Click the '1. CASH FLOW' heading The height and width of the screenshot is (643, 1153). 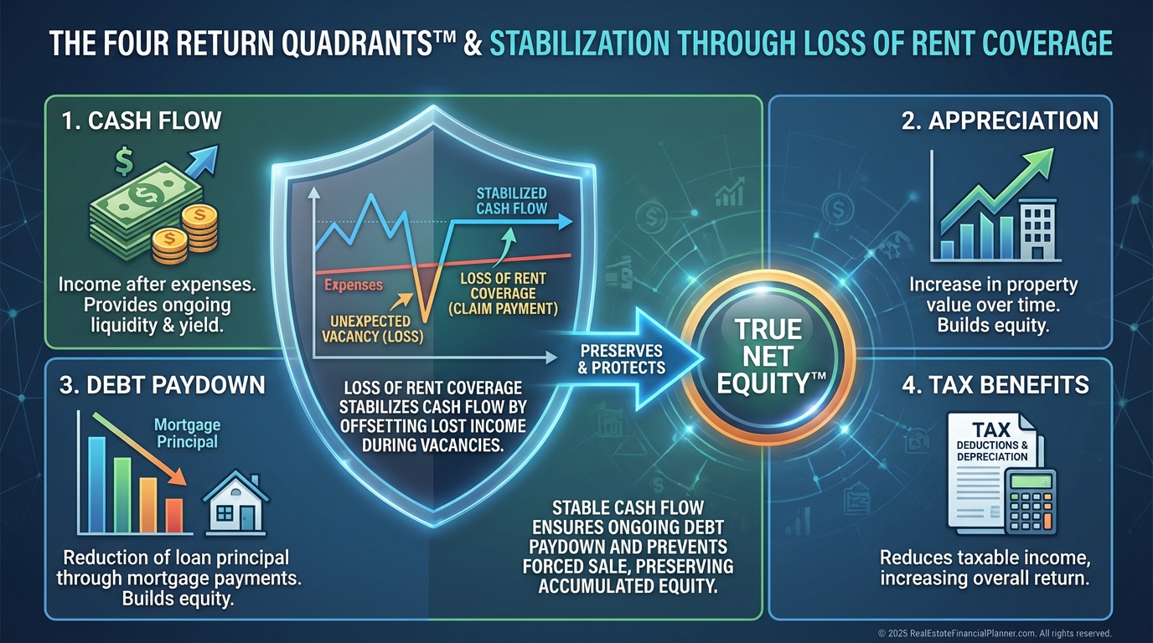[x=142, y=121]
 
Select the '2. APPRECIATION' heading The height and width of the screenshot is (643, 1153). [x=1000, y=121]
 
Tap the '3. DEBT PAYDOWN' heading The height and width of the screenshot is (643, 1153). [x=163, y=385]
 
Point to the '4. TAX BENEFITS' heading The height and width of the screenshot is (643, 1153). [x=995, y=385]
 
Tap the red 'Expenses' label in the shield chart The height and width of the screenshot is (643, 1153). [x=354, y=285]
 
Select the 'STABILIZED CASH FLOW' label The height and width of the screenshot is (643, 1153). [x=511, y=201]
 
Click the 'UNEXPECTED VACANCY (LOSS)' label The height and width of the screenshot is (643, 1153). [x=372, y=329]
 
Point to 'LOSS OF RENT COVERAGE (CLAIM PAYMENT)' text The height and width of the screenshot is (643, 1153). [x=503, y=294]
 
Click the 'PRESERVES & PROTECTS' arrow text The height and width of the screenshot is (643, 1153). [x=621, y=359]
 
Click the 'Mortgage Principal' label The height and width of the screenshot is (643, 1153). [x=187, y=433]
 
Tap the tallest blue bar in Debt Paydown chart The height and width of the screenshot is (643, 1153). [x=96, y=485]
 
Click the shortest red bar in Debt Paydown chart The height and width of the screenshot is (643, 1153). [x=174, y=516]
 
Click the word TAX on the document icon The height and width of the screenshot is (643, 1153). [x=991, y=429]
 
